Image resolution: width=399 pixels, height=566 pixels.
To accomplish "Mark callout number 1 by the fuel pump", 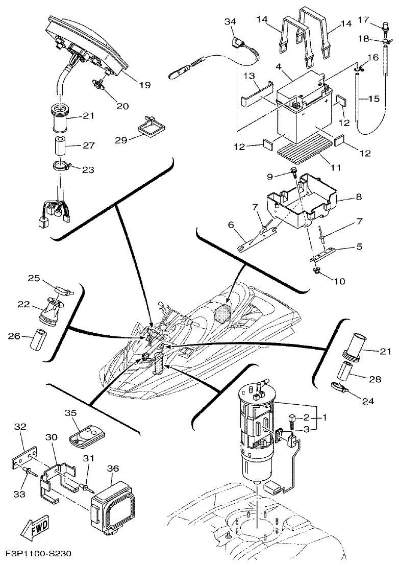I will [x=325, y=417].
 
